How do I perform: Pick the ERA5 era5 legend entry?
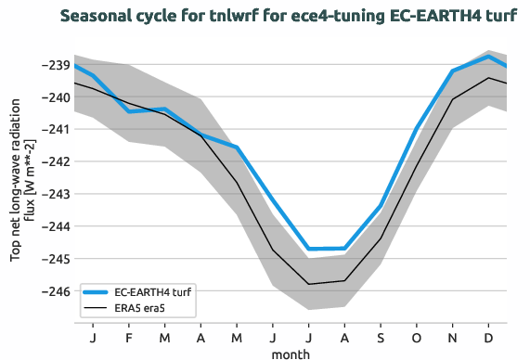[147, 306]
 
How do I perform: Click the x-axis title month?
[290, 353]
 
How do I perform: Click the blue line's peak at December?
[488, 57]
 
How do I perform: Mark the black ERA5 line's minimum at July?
[309, 284]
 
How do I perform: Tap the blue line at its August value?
[344, 248]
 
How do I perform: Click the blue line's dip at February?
[129, 111]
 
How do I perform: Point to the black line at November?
[452, 99]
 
